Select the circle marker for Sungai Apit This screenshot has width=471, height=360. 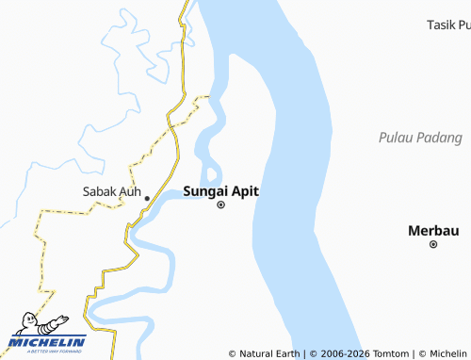pyautogui.click(x=221, y=205)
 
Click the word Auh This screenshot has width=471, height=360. pyautogui.click(x=130, y=191)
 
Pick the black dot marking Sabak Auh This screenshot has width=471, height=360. pyautogui.click(x=146, y=198)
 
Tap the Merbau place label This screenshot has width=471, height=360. pyautogui.click(x=433, y=230)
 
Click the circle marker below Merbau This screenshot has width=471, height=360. pyautogui.click(x=433, y=244)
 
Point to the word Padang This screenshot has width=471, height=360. pyautogui.click(x=440, y=139)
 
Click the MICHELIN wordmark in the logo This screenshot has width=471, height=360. pyautogui.click(x=47, y=342)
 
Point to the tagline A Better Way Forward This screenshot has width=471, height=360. pyautogui.click(x=47, y=352)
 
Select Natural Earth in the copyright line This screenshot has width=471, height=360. pyautogui.click(x=270, y=353)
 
